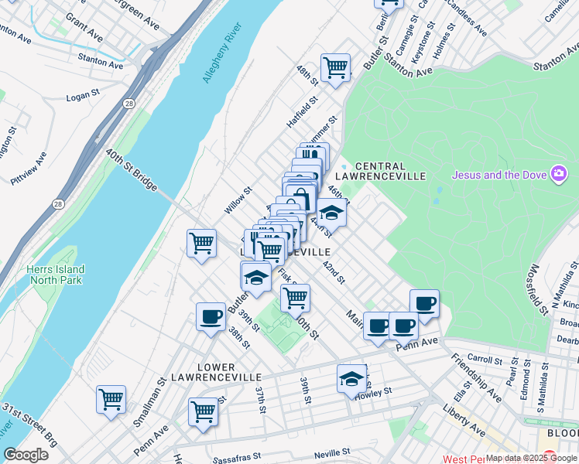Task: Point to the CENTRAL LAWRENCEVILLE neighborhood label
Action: tap(390, 171)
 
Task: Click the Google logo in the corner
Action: tap(26, 455)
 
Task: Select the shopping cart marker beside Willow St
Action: tap(201, 244)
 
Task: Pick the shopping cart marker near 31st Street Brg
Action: tap(111, 400)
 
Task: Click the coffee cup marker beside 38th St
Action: tap(211, 316)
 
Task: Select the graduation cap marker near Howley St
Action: tap(351, 379)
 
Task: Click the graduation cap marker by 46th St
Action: tap(331, 212)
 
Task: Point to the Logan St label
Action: tap(83, 97)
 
